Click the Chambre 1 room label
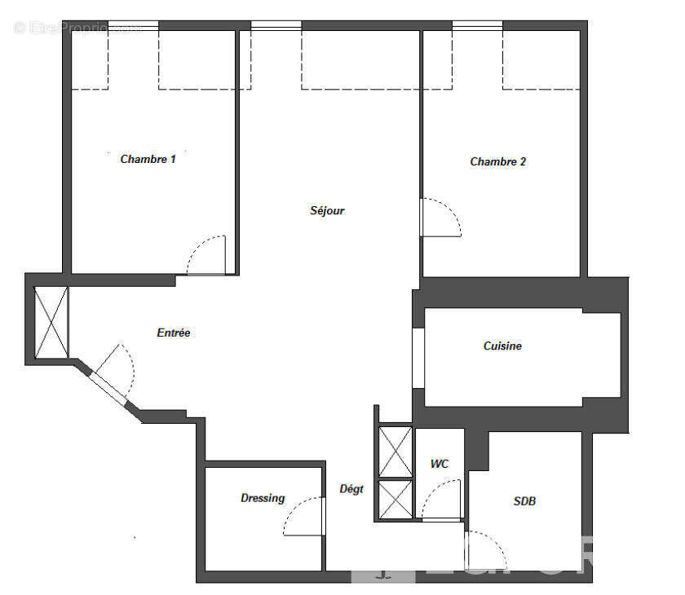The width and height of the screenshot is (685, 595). tap(148, 159)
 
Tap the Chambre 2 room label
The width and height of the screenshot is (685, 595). tap(497, 161)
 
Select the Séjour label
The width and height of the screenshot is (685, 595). tap(327, 210)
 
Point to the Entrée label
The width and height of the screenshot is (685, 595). tap(173, 333)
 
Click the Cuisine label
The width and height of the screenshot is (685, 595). tap(502, 346)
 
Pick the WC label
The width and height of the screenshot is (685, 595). tap(440, 464)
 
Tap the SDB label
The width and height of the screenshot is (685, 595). tap(524, 501)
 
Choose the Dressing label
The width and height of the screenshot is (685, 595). tap(263, 498)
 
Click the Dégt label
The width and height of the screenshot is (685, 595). tap(351, 489)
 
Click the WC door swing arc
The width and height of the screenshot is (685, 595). tap(442, 499)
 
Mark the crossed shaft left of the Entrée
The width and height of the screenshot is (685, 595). tap(51, 322)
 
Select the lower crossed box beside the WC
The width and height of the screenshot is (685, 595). tap(396, 499)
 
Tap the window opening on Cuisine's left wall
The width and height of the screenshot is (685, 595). tap(418, 358)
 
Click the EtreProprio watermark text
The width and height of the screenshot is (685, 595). tap(77, 28)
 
